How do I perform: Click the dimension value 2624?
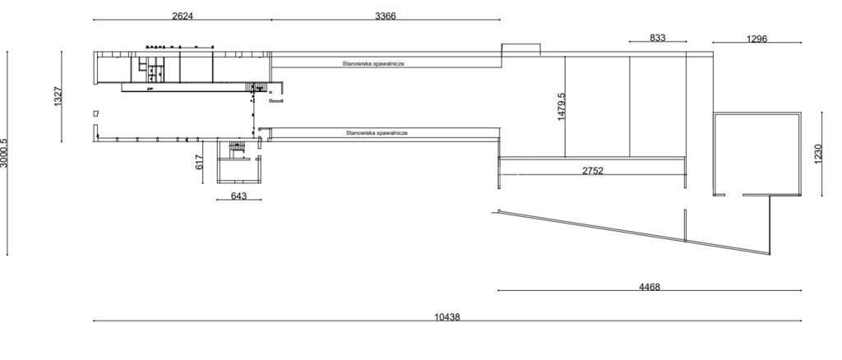pos(182,15)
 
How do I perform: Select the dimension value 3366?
pos(386,15)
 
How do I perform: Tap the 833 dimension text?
pos(657,37)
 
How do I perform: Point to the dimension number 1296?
pos(756,39)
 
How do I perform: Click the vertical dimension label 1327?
pos(58,96)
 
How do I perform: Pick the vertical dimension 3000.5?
pos(4,153)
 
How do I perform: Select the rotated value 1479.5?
pos(562,107)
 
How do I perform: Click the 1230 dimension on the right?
pos(818,155)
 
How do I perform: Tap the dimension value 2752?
pos(592,171)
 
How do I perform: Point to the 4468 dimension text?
pos(650,287)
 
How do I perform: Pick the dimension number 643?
pos(238,196)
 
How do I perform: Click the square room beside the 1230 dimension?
pos(756,154)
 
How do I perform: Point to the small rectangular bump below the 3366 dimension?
pos(521,49)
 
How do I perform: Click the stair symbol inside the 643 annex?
pos(238,148)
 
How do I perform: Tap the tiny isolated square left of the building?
pos(96,113)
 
